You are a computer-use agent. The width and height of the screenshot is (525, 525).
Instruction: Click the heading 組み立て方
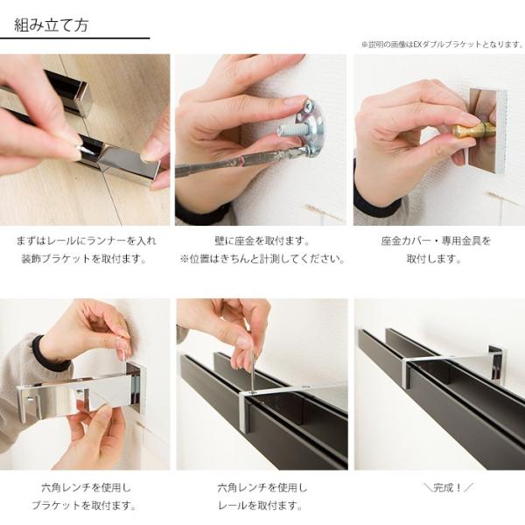coord(52,25)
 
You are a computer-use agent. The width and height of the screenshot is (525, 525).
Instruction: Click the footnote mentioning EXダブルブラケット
coord(442,45)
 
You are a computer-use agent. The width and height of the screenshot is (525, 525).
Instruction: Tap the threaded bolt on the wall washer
coord(291,129)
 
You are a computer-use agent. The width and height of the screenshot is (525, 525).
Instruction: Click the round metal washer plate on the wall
coord(312,127)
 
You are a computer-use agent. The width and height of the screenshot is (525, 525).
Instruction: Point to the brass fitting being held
coord(474,129)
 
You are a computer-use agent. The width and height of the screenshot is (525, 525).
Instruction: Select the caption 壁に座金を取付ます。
coord(262,241)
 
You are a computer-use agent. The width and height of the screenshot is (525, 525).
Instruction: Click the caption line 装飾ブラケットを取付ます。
coord(84,258)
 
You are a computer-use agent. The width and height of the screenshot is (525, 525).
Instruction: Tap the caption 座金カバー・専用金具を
coord(436,241)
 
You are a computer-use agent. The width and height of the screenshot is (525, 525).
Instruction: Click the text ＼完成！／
coord(448,487)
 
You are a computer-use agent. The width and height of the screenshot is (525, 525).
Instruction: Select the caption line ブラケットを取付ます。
coord(84,505)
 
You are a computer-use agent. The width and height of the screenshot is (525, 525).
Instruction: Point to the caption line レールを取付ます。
coord(261,505)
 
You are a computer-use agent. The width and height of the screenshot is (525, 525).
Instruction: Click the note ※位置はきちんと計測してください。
coord(262,258)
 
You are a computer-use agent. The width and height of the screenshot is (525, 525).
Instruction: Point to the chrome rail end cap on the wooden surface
coord(129,164)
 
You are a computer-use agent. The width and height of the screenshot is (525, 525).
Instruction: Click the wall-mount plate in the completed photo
coord(498,366)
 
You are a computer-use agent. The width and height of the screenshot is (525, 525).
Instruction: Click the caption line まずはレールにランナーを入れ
coord(87,241)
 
